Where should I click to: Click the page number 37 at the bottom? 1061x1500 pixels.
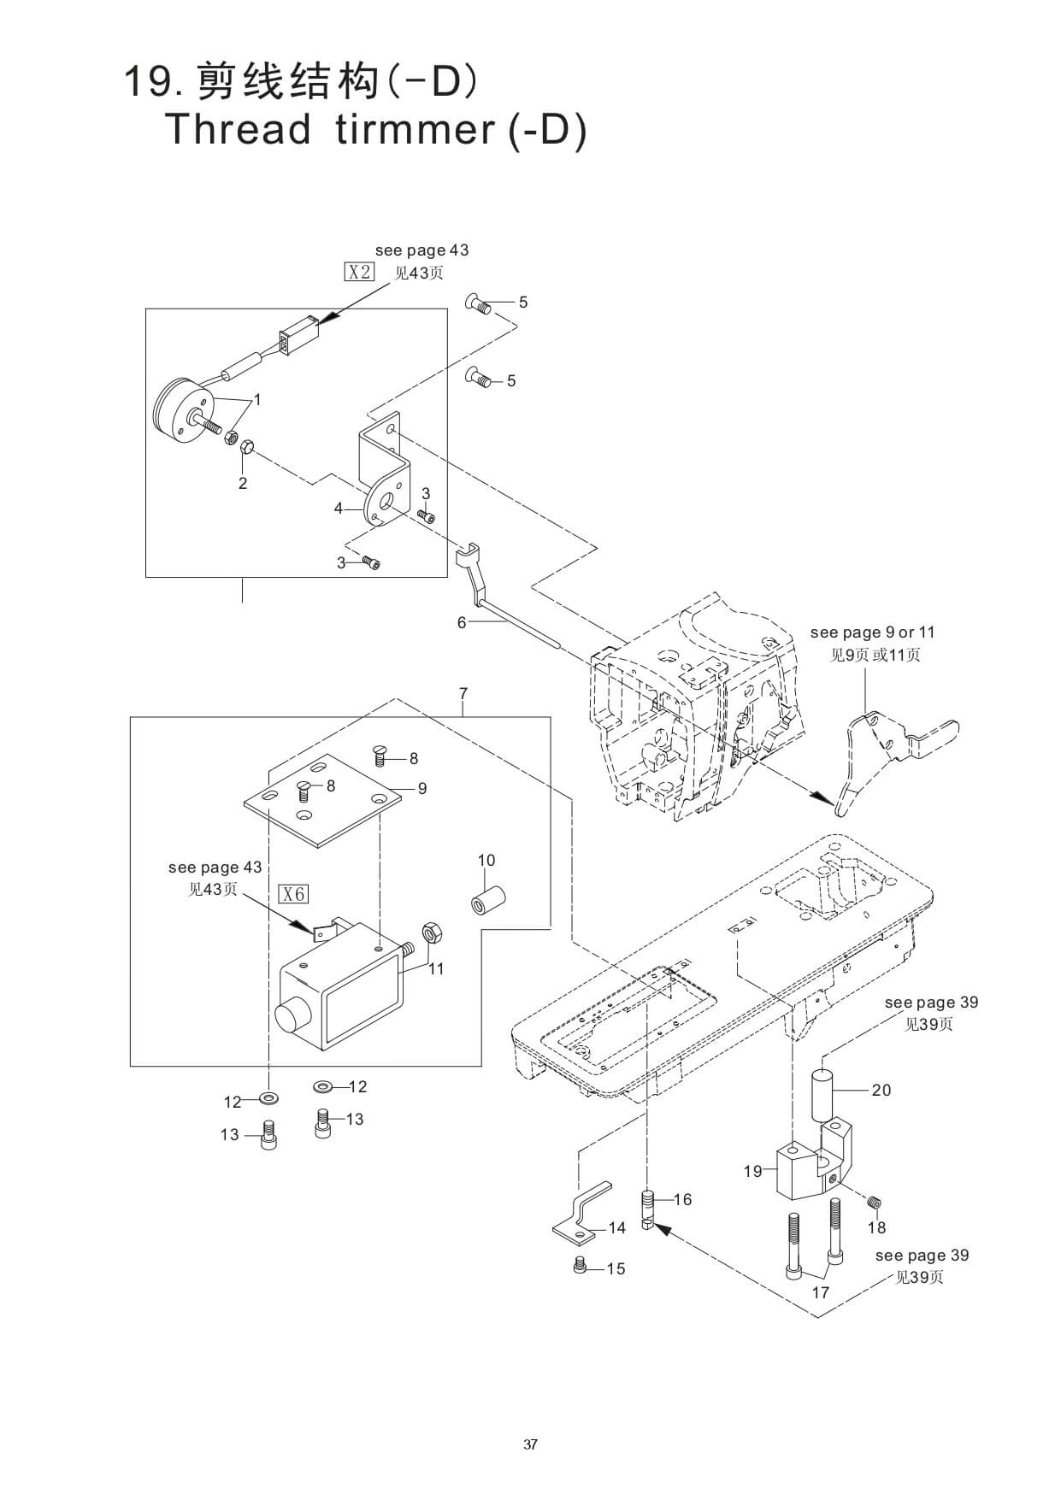click(x=530, y=1444)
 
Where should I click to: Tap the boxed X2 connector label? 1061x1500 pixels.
click(x=359, y=273)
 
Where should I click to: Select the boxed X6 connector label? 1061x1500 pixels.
click(x=293, y=894)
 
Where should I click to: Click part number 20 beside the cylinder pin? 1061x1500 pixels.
click(x=881, y=1090)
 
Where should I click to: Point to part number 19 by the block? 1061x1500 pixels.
click(x=752, y=1171)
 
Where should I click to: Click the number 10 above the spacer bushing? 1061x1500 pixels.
click(x=486, y=860)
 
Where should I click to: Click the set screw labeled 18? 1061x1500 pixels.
click(x=874, y=1203)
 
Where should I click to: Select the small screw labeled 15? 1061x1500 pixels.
click(x=580, y=1266)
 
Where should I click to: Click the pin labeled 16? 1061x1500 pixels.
click(x=648, y=1209)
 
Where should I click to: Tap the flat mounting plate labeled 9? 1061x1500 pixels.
click(x=322, y=801)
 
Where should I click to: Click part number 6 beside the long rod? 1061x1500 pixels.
click(x=462, y=622)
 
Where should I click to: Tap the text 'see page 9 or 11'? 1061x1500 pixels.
click(x=873, y=632)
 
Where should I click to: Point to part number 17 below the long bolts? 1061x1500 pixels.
click(x=820, y=1292)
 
